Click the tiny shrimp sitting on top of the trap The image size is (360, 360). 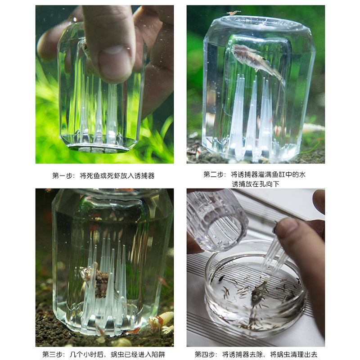[x=233, y=13]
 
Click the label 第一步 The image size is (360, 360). [x=62, y=175]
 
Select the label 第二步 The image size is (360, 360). [x=213, y=175]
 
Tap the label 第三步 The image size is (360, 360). [x=52, y=354]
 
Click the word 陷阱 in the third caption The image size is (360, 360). [x=158, y=354]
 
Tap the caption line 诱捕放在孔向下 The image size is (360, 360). [x=257, y=184]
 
